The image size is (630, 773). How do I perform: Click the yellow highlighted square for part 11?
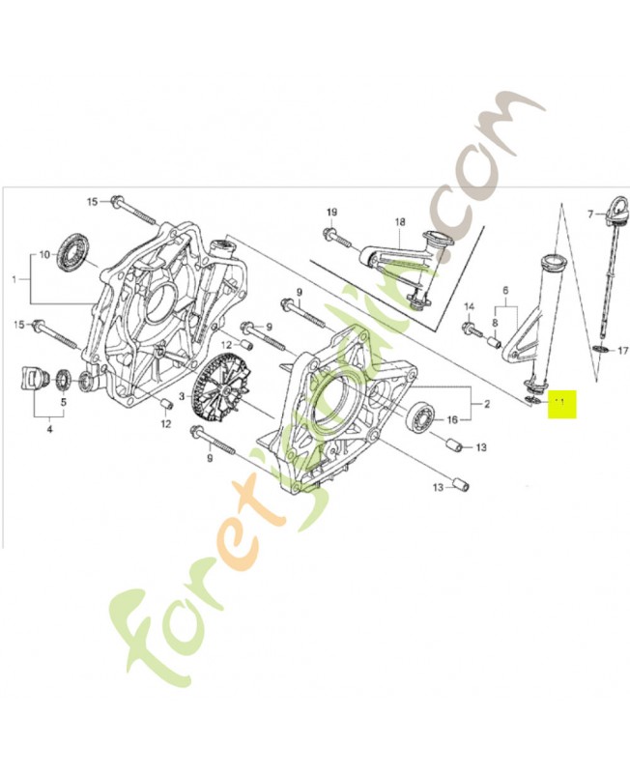561,403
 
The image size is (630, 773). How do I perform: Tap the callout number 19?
330,213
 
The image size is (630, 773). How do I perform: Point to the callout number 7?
591,213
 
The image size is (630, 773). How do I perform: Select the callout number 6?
503,290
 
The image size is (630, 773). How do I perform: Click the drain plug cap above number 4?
35,377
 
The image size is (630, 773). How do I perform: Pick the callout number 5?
64,402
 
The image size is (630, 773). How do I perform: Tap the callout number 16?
452,420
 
